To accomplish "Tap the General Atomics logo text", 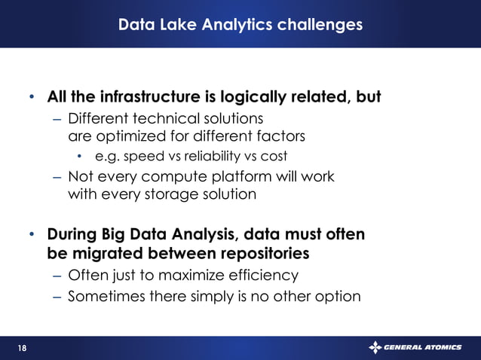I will (427, 347).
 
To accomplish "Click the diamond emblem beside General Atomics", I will (375, 347).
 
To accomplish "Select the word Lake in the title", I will (176, 25).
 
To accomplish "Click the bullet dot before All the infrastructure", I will (32, 98).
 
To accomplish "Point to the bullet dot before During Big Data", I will (32, 235).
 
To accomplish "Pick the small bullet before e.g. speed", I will (81, 157).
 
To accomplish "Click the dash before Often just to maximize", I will (57, 275).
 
